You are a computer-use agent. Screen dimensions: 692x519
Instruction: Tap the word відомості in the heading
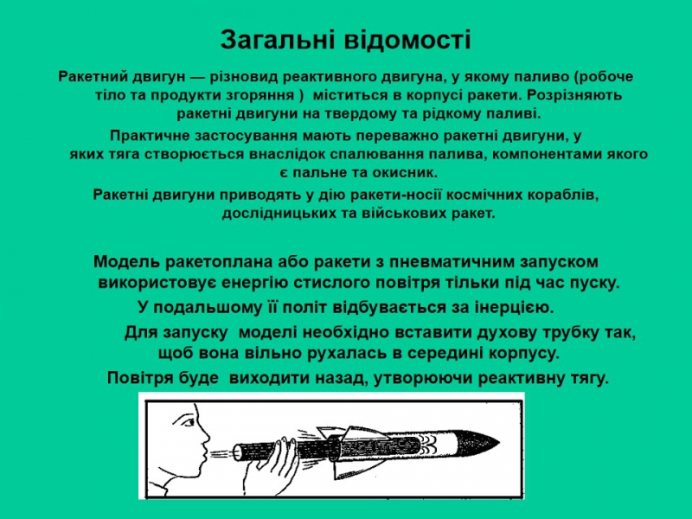point(407,40)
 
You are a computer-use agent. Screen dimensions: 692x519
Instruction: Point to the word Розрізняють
point(574,96)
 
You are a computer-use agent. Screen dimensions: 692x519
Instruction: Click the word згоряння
point(261,96)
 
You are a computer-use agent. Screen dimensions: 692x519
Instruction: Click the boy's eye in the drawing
point(189,422)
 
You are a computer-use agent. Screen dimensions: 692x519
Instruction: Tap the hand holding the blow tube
point(270,467)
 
